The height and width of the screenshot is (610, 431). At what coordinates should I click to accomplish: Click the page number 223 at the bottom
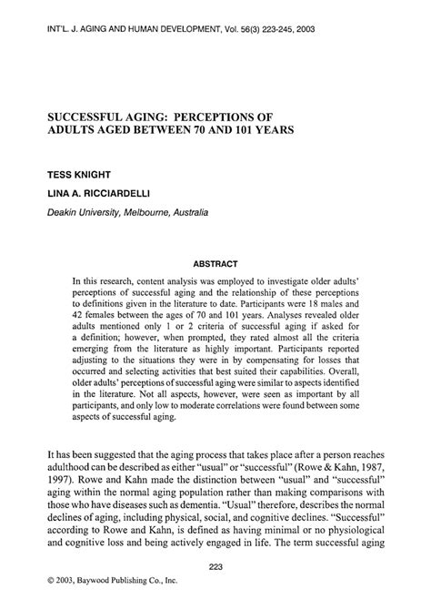click(215, 566)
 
